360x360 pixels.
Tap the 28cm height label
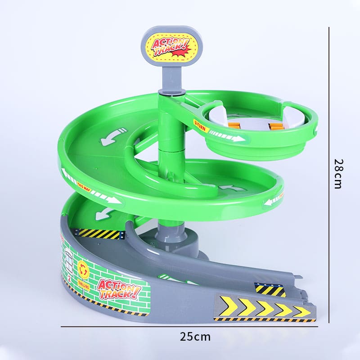pyautogui.click(x=338, y=173)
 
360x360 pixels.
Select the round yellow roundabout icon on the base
pyautogui.click(x=83, y=268)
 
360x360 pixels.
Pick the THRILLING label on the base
pyautogui.click(x=83, y=285)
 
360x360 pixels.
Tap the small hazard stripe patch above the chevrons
pyautogui.click(x=270, y=289)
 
